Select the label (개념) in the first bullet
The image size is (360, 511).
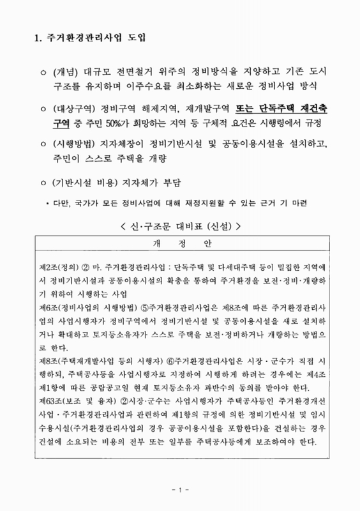pyautogui.click(x=66, y=72)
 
